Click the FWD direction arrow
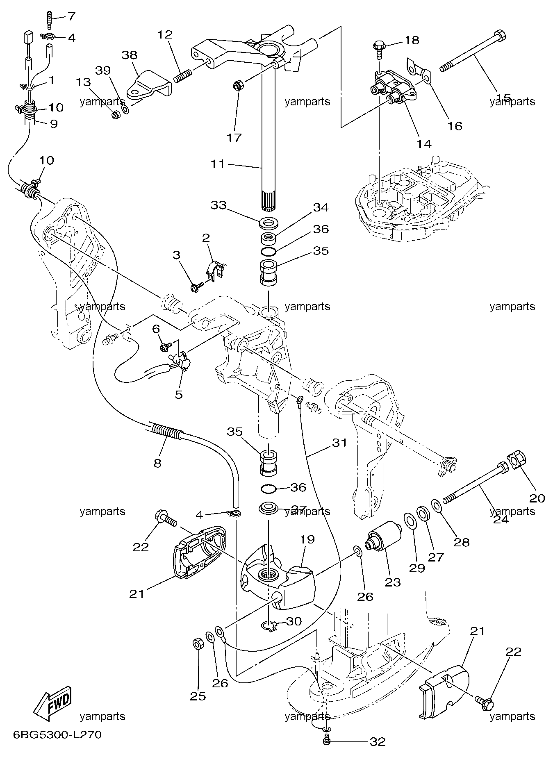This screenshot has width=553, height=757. click(52, 705)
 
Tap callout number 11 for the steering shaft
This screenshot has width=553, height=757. click(218, 164)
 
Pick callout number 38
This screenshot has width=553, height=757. click(130, 55)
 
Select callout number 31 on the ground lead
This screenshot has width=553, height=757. click(340, 443)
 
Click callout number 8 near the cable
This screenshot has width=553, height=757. click(157, 464)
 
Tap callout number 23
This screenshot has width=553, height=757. click(393, 582)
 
